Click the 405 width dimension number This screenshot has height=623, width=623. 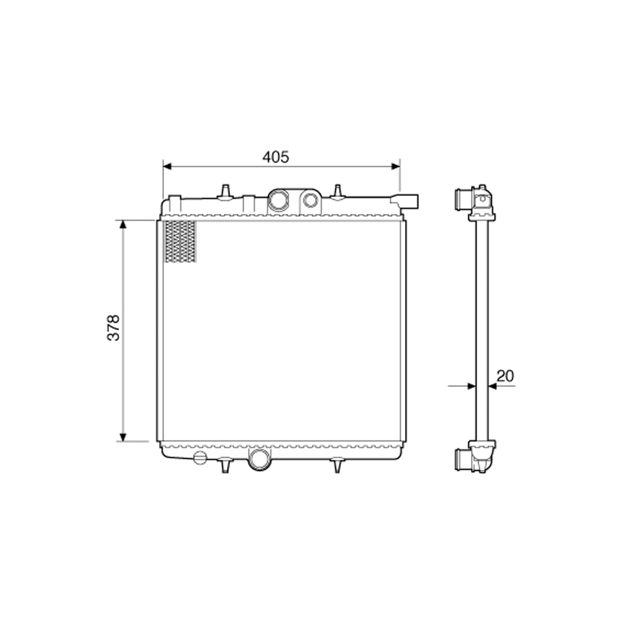click(x=275, y=157)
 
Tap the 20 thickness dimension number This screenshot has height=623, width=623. click(x=505, y=375)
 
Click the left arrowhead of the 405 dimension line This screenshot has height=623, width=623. click(x=167, y=166)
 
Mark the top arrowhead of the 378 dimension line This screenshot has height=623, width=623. click(x=123, y=224)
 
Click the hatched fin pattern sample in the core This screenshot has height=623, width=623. click(x=180, y=241)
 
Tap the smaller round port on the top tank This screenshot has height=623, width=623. click(x=310, y=199)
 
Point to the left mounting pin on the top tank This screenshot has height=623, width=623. click(x=226, y=190)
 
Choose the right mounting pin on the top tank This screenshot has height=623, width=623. click(x=338, y=190)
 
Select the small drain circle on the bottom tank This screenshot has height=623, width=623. click(x=199, y=459)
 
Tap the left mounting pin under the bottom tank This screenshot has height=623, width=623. click(x=226, y=465)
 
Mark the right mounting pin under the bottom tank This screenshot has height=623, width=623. click(x=338, y=465)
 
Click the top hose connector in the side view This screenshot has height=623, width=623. click(x=464, y=199)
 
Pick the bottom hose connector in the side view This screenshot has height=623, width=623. click(x=464, y=460)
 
